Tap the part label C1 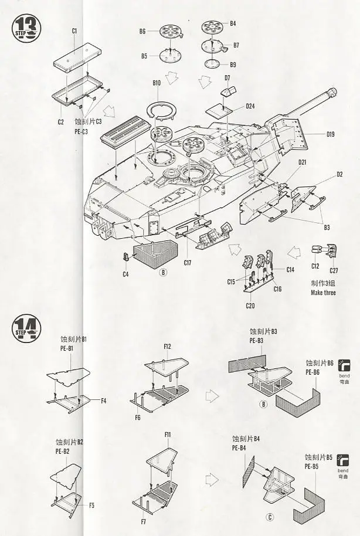(x=74, y=30)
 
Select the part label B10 (x=157, y=83)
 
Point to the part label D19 (x=331, y=134)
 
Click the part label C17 (x=188, y=262)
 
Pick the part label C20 (x=250, y=305)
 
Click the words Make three (x=324, y=292)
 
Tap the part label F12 (x=167, y=347)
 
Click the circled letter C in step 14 (x=269, y=517)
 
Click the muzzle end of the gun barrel (x=334, y=91)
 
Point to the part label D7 (x=227, y=77)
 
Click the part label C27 (x=334, y=270)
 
